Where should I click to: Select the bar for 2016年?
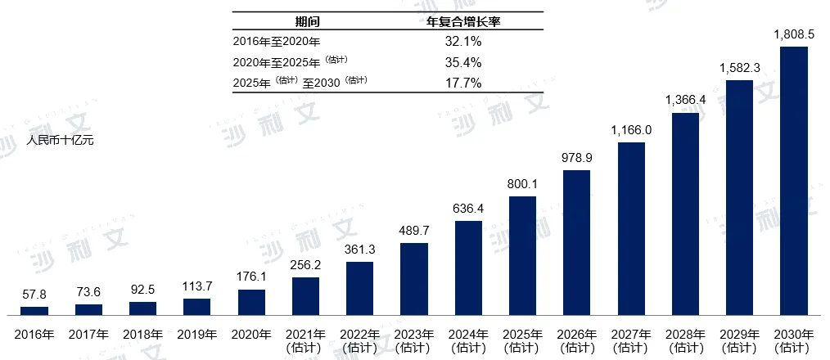click(x=34, y=311)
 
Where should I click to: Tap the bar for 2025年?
click(x=522, y=255)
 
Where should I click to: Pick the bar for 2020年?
click(x=251, y=302)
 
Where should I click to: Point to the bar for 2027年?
click(x=631, y=228)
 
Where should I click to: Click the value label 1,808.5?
click(x=794, y=35)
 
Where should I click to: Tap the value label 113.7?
click(x=196, y=287)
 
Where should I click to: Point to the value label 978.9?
click(x=577, y=158)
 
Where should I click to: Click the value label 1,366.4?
click(x=685, y=101)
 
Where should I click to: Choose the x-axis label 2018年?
click(x=143, y=334)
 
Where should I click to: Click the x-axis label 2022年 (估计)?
click(x=360, y=340)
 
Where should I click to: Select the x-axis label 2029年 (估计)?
click(x=740, y=340)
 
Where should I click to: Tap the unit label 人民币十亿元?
click(x=61, y=141)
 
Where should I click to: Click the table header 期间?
click(x=308, y=22)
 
